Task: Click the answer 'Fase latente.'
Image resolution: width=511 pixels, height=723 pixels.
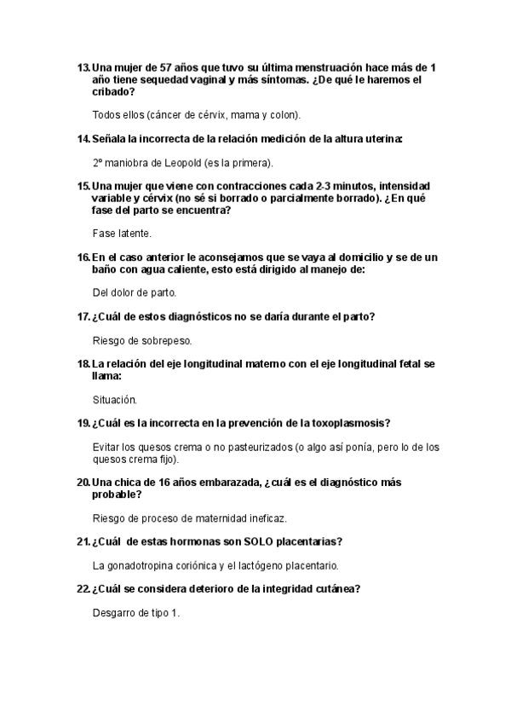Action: [122, 233]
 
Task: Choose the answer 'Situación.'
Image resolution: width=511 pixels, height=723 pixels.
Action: [114, 399]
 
